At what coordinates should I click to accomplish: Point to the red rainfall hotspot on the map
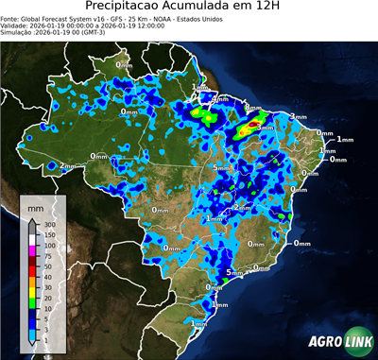tap(253, 125)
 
